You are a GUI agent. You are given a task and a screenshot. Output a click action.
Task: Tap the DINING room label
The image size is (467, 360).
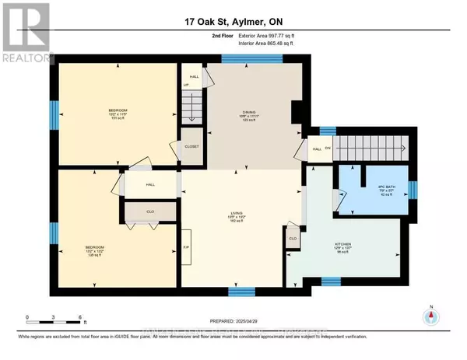pos(248,115)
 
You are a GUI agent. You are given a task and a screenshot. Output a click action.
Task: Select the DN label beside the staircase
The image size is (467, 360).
pos(328,149)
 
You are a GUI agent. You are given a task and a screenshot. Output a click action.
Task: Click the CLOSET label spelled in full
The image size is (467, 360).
pos(191,145)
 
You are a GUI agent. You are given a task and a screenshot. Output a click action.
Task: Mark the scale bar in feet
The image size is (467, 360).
pos(54,317)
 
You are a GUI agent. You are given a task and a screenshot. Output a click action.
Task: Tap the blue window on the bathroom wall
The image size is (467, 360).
pos(413,189)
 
